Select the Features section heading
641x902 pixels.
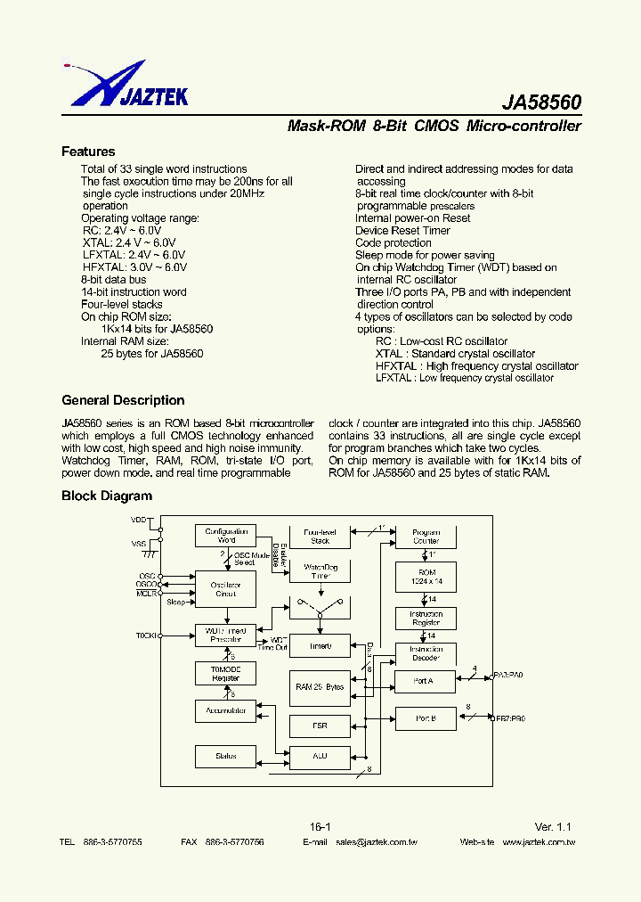[88, 152]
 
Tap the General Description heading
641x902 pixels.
[123, 400]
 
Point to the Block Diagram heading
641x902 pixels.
[107, 496]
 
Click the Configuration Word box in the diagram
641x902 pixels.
[226, 536]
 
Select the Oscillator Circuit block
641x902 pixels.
[226, 589]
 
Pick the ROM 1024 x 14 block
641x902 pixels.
[426, 576]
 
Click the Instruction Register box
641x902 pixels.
[426, 619]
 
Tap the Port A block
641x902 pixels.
[426, 681]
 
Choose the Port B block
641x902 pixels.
[426, 717]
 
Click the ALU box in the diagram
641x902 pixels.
[320, 756]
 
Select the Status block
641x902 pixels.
[226, 756]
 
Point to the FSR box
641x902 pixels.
[320, 726]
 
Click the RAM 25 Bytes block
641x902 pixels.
[320, 687]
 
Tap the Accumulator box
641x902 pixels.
[226, 710]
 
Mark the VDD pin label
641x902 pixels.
[139, 519]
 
